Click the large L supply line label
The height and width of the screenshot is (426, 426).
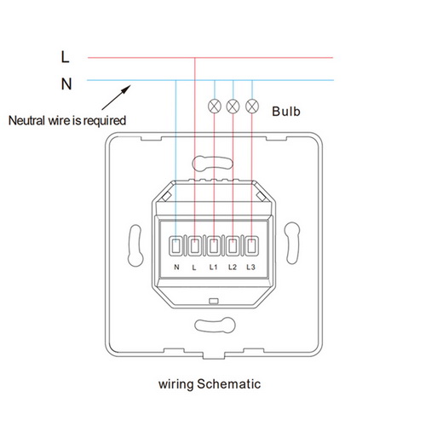(x=65, y=57)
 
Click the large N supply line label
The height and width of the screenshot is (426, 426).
(x=66, y=84)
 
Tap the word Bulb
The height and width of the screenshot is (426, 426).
(x=286, y=112)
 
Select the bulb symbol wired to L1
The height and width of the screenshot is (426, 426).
(x=215, y=106)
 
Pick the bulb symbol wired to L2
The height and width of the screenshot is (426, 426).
(x=233, y=106)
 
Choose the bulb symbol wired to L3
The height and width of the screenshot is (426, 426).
(x=252, y=106)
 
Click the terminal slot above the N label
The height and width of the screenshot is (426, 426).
(x=176, y=246)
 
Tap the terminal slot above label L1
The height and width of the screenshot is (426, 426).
(x=214, y=246)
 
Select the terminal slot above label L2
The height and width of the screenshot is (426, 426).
(x=233, y=246)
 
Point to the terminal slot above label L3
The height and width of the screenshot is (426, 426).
(x=251, y=246)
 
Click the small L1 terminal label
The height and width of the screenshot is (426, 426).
(x=213, y=268)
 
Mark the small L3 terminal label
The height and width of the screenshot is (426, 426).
(x=251, y=268)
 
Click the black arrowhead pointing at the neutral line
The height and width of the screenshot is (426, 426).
(x=126, y=89)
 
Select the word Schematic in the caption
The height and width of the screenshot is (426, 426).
(x=229, y=384)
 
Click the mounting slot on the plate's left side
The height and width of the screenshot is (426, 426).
(x=135, y=245)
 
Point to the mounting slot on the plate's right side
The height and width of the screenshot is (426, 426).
(x=292, y=244)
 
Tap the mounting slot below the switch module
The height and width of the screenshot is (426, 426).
(x=215, y=325)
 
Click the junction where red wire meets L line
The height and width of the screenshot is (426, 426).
(x=195, y=58)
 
